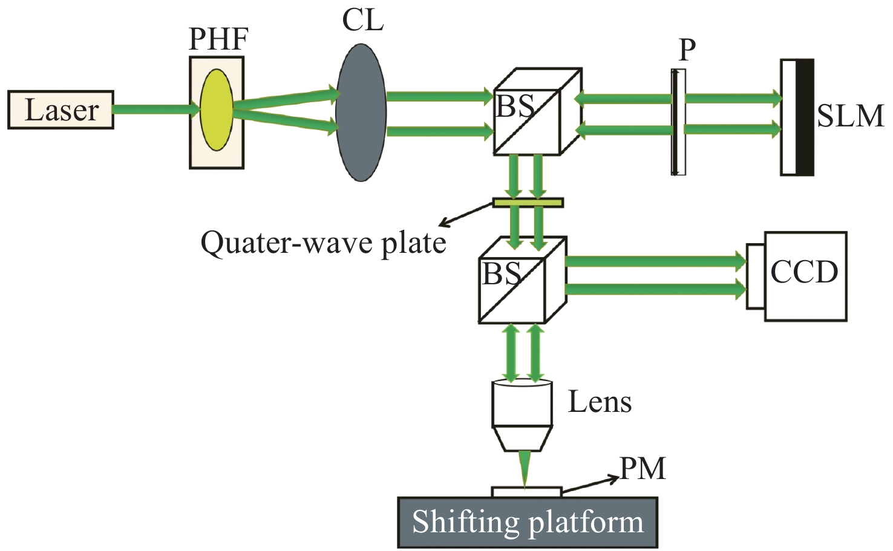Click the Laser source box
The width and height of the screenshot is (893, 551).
(x=61, y=109)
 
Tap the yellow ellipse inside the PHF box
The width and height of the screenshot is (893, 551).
(x=217, y=109)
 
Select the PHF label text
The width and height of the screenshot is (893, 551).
(x=218, y=39)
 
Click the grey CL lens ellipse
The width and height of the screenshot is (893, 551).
(x=361, y=112)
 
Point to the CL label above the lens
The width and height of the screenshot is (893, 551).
(x=362, y=20)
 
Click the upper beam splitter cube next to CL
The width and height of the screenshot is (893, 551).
(x=537, y=112)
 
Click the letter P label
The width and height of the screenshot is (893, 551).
(x=687, y=50)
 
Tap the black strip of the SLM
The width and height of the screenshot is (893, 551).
(x=805, y=117)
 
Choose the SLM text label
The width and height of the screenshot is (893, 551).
(x=850, y=116)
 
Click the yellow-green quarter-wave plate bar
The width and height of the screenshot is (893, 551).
(x=528, y=203)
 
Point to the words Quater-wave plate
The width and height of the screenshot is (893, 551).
(x=323, y=243)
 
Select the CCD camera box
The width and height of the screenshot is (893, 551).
(x=804, y=276)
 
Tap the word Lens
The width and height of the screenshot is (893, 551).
(x=600, y=402)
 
